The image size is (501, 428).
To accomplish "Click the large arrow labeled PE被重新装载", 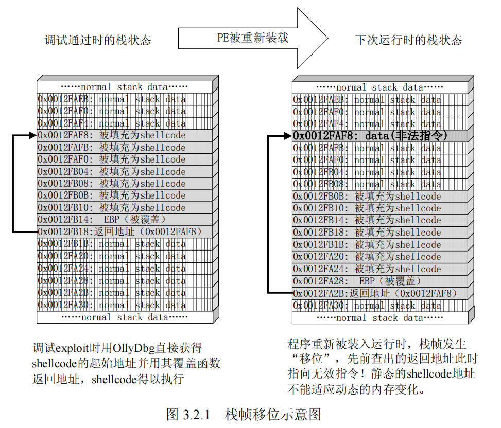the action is coord(252,38).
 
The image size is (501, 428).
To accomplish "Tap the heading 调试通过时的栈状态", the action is coord(98,40).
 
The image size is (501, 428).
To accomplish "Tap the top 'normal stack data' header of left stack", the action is coord(124,87).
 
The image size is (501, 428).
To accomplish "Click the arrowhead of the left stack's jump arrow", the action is coord(33,136).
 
